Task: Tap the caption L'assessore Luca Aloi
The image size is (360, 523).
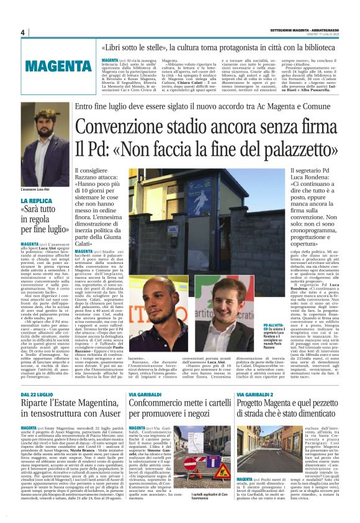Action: [x=38, y=187]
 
